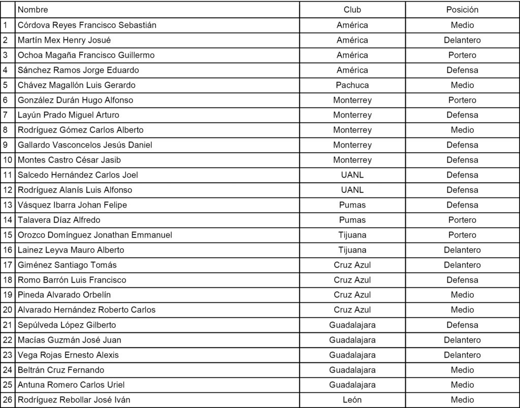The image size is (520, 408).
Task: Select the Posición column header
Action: tap(462, 10)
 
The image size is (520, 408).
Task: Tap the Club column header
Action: tap(352, 10)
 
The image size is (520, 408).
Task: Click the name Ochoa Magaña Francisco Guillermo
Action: tap(86, 55)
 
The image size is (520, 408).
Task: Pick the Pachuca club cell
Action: tap(352, 85)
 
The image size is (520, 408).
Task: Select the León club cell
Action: tap(352, 400)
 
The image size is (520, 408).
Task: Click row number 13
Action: tap(8, 205)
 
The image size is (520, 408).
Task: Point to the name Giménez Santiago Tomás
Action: tap(67, 265)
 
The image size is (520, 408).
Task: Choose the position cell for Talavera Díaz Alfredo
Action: tap(462, 220)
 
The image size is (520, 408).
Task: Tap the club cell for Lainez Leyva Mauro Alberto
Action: tap(352, 250)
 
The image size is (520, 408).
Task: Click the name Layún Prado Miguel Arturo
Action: tap(69, 115)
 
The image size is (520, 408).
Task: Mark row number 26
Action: tap(8, 400)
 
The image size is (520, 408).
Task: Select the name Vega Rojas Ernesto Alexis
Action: tap(68, 355)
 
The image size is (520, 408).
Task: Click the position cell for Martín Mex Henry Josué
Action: tap(462, 40)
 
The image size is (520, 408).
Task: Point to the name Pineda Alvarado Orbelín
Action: tap(64, 295)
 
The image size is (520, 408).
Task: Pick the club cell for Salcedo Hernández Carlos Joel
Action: tap(352, 175)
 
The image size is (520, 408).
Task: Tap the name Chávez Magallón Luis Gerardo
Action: tap(76, 85)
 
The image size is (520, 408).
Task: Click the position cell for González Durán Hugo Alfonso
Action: tap(462, 100)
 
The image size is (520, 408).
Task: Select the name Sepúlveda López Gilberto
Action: tap(67, 325)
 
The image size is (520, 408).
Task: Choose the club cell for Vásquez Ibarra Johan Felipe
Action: tap(352, 205)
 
